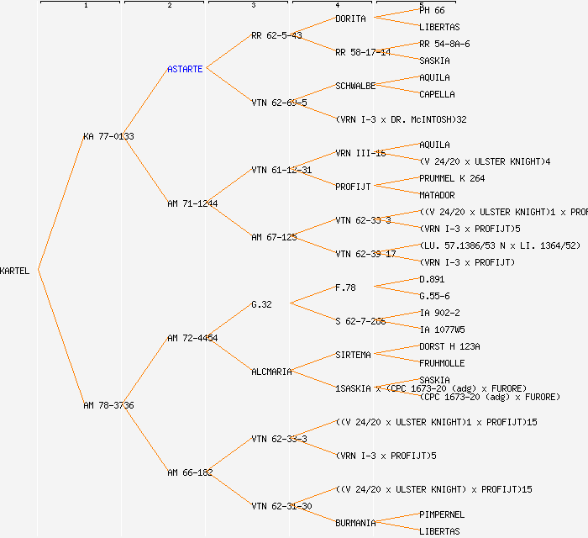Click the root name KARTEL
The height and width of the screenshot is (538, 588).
pos(15,271)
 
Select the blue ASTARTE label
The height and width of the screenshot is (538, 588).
pos(185,69)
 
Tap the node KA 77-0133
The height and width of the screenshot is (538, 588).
pos(108,136)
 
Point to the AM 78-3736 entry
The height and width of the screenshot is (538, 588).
pos(108,405)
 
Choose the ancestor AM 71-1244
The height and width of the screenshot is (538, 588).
pos(192,203)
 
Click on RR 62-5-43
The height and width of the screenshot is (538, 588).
pos(276,35)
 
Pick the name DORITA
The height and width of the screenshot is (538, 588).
pos(350,18)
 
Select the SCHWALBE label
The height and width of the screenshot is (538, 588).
pos(355,86)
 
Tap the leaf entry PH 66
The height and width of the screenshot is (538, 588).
pos(432,10)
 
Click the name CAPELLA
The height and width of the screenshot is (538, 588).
pos(437,94)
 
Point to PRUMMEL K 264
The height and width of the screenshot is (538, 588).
pos(452,178)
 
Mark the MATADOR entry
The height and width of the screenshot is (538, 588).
pos(437,195)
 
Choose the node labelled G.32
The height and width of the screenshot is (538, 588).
pos(261,304)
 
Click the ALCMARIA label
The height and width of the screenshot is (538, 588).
pos(271,372)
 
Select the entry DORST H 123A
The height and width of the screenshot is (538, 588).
pos(449,346)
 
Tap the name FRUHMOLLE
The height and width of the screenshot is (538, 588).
pos(442,363)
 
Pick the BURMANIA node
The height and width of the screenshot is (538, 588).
pos(355,523)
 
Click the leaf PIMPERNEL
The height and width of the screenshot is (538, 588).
pos(442,514)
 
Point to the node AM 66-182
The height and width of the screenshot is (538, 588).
pos(190,472)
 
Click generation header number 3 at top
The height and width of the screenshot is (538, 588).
pos(253,6)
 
